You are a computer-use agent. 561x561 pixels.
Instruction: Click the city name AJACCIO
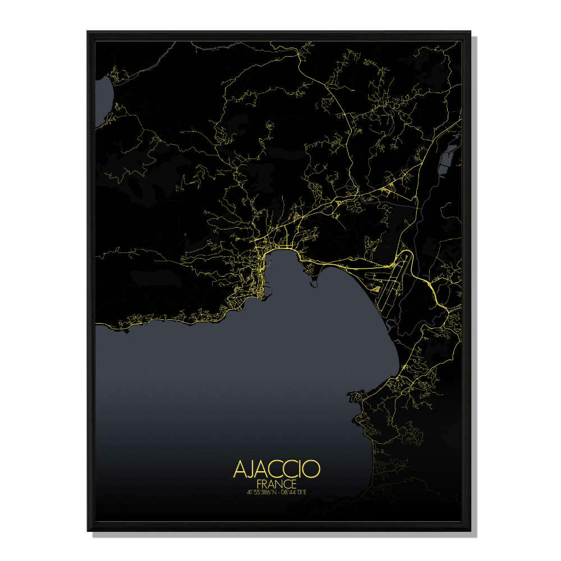(277, 469)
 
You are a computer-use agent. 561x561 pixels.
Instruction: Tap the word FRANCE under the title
(277, 484)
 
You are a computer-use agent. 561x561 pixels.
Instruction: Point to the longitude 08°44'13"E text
(294, 492)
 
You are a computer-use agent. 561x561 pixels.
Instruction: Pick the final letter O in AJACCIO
(312, 469)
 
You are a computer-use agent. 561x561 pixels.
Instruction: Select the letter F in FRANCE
(259, 484)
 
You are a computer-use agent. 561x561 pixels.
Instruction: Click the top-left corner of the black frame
(88, 32)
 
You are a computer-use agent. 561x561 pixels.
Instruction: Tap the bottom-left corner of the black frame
(88, 530)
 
